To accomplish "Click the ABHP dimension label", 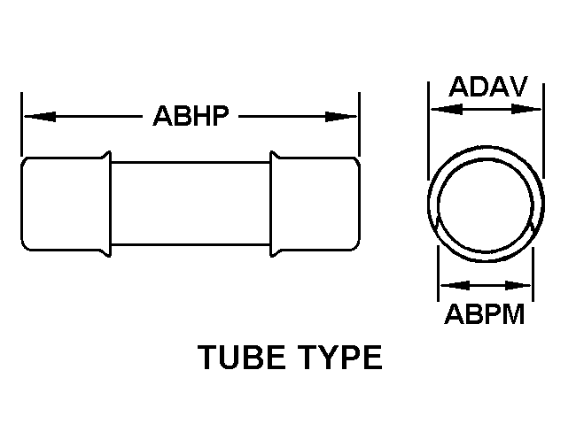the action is point(191,116).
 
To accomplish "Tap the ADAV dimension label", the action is point(488,87).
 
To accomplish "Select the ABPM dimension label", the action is point(485,314).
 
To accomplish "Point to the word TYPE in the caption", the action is point(340,358).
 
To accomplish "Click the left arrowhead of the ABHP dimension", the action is point(40,117).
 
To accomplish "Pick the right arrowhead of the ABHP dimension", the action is point(341,117).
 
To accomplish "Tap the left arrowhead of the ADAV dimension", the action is point(447,110).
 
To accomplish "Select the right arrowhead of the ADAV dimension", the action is point(526,110).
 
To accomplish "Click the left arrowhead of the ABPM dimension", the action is point(455,286).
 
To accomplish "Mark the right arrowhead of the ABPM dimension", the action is point(518,286).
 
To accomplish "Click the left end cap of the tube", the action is point(66,204).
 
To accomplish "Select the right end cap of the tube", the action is point(315,204).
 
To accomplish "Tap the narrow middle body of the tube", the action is point(191,204).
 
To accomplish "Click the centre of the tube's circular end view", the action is point(486,204).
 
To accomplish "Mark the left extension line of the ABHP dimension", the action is point(21,124).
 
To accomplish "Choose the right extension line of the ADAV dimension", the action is point(544,131).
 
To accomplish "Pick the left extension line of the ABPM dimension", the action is point(438,273).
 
